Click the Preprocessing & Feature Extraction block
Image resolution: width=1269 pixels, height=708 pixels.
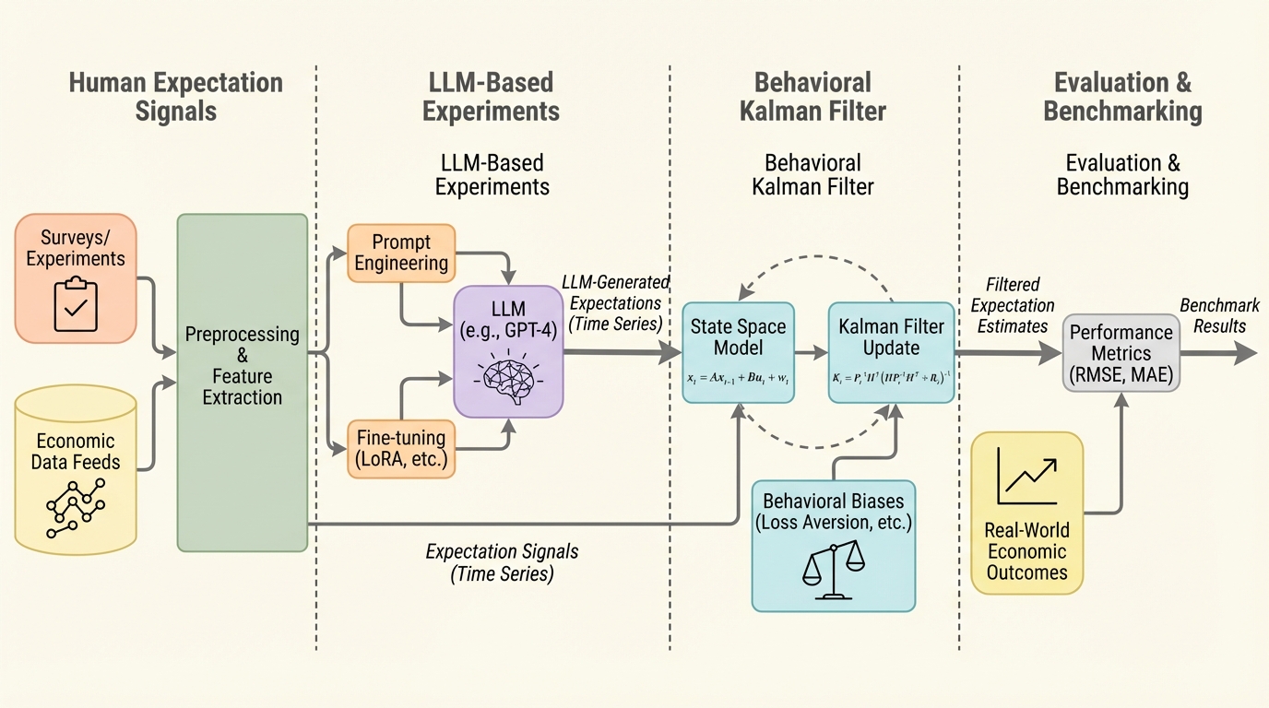coord(242,382)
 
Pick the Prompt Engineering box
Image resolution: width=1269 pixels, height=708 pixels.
coord(401,252)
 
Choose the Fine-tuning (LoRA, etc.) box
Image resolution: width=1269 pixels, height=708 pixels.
coord(401,448)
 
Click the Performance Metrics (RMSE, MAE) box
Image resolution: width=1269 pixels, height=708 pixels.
coord(1121,352)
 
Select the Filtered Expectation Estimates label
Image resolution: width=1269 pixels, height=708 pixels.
coord(1012,305)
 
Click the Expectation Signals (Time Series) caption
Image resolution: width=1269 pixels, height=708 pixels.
coord(502,561)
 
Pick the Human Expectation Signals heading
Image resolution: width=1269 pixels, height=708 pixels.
coord(175,96)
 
